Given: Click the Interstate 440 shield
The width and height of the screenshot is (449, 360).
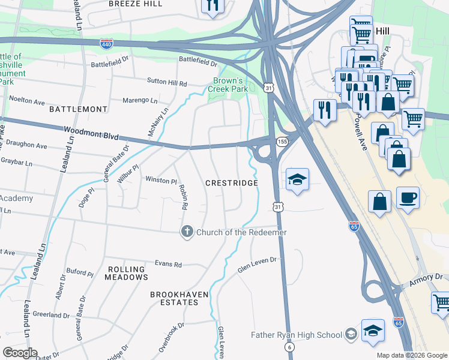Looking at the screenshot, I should (x=106, y=43).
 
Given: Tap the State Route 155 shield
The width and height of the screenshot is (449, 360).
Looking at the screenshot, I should (x=282, y=141).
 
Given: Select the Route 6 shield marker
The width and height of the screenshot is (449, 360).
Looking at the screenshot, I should (x=290, y=347).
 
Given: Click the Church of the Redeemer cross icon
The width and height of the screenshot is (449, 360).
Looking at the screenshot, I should (x=187, y=232).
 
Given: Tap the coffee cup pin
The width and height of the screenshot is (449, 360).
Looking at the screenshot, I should (x=408, y=198).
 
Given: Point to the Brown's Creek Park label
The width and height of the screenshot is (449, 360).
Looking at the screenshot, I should (x=228, y=85).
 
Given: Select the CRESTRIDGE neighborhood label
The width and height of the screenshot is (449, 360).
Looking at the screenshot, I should (x=232, y=182).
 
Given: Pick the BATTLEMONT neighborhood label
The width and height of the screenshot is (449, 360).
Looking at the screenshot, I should (x=79, y=109).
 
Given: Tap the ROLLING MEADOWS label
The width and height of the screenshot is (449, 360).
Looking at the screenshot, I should (x=126, y=273).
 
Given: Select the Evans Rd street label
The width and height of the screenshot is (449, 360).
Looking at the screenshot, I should (x=168, y=264).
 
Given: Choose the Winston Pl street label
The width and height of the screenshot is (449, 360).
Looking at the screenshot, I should (x=161, y=180).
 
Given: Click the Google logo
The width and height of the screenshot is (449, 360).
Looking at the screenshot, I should (x=20, y=353).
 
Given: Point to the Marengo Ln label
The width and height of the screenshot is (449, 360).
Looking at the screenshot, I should (x=140, y=100).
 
